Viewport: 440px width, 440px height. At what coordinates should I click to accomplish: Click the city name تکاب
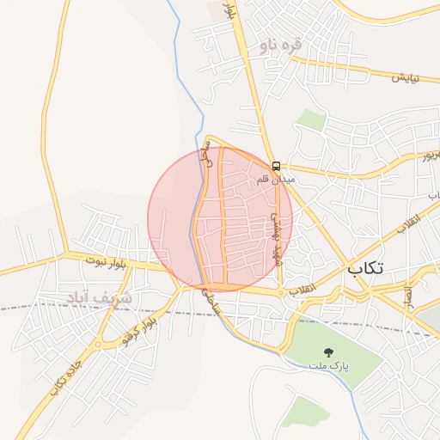point(366,269)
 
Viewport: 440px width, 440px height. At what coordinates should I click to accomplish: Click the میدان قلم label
point(276,180)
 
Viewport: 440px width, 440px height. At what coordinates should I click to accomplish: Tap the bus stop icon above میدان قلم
point(277,167)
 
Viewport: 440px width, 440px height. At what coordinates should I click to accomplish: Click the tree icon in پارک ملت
point(327,351)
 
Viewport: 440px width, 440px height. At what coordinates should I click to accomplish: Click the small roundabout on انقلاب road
point(281,293)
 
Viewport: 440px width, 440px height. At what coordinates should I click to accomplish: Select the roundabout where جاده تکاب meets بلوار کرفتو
point(100,345)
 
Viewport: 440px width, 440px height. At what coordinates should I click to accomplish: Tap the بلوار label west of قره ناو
point(229,12)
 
